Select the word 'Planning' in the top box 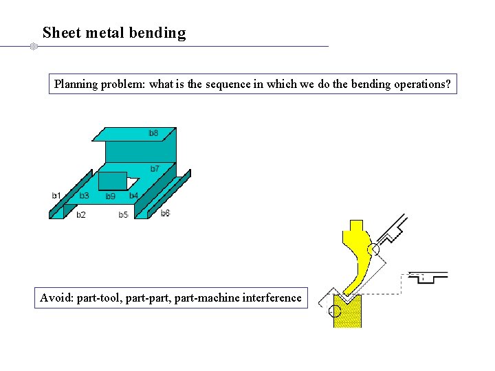[77, 85]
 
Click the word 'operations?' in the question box [423, 85]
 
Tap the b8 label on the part [154, 133]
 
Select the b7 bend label [155, 168]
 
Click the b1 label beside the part [56, 196]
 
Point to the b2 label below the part [81, 215]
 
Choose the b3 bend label [84, 196]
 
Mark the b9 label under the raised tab [110, 196]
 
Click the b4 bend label [133, 196]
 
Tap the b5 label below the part [123, 215]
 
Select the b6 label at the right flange [165, 214]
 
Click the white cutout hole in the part [133, 183]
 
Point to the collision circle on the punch [373, 250]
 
